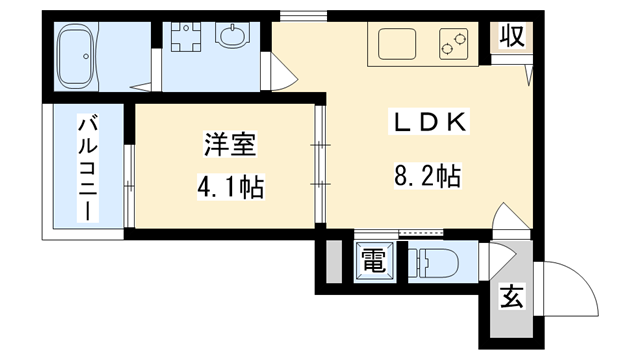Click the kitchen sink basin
[x=397, y=45]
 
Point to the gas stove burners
[x=452, y=44]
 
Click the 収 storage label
[x=512, y=38]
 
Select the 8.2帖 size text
[x=427, y=177]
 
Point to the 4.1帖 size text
[x=231, y=187]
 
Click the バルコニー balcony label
[x=88, y=168]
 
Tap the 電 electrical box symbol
[x=374, y=263]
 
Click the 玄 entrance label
[x=511, y=297]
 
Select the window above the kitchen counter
[x=303, y=14]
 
